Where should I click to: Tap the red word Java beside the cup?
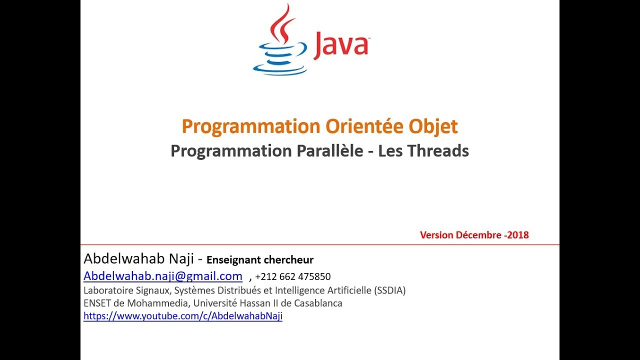click(x=341, y=45)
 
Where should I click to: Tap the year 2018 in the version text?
click(x=518, y=235)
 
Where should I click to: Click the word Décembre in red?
click(x=475, y=235)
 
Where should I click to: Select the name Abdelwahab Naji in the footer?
click(x=138, y=259)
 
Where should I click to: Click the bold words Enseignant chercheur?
click(x=260, y=260)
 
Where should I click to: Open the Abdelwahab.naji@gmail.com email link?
click(x=163, y=276)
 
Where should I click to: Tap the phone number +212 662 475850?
click(x=293, y=276)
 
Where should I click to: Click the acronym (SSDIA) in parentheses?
click(x=389, y=290)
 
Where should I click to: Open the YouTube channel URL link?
click(x=183, y=316)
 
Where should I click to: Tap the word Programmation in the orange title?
click(x=251, y=126)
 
